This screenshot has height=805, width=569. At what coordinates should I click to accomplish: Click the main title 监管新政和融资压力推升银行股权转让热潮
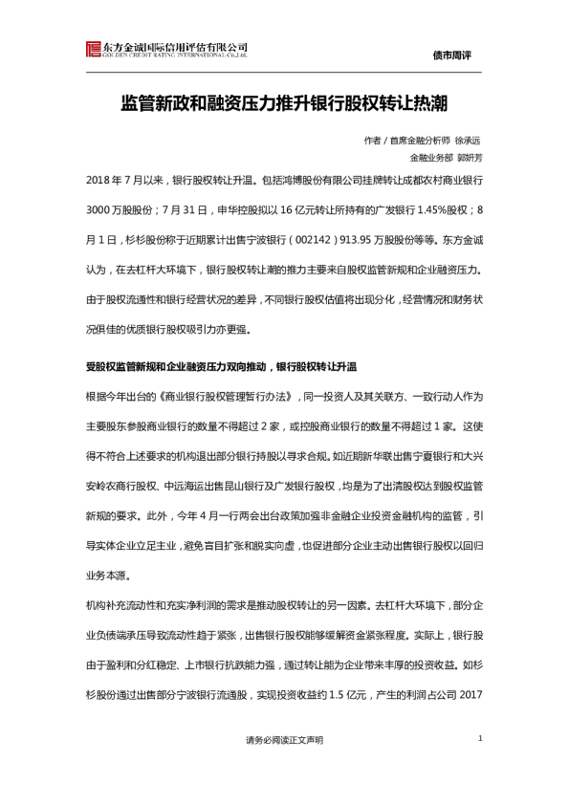(x=284, y=100)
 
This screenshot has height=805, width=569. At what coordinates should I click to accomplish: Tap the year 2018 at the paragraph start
(x=99, y=180)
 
